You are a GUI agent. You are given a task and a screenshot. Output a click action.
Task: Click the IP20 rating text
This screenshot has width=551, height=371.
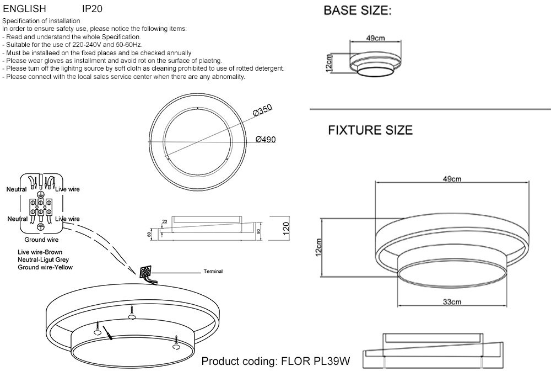pyautogui.click(x=92, y=8)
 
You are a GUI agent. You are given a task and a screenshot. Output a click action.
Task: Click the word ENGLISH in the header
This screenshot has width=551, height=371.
pyautogui.click(x=25, y=8)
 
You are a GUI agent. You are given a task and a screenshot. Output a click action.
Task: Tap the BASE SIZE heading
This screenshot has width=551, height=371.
pyautogui.click(x=358, y=10)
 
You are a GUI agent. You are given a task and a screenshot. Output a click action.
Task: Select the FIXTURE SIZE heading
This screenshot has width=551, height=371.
pyautogui.click(x=370, y=130)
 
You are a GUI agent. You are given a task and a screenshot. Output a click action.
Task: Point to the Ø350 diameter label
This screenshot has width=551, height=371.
pyautogui.click(x=262, y=110)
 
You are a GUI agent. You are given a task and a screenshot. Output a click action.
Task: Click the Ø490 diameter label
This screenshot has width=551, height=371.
pyautogui.click(x=266, y=139)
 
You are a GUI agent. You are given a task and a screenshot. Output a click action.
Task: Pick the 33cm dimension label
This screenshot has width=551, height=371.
pyautogui.click(x=452, y=301)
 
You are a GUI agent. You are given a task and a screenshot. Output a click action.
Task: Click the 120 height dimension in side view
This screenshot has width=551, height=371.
pyautogui.click(x=286, y=229)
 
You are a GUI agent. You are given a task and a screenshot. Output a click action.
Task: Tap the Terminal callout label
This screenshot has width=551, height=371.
pyautogui.click(x=213, y=272)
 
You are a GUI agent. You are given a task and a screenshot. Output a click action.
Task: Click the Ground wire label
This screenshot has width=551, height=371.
pyautogui.click(x=41, y=240)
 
